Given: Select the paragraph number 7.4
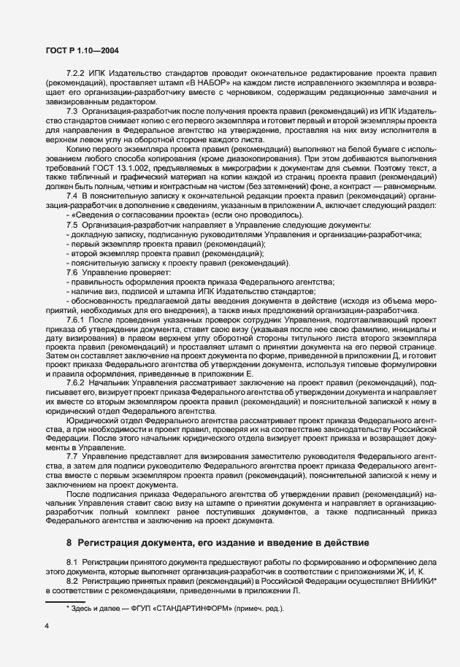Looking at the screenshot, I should pos(72,217).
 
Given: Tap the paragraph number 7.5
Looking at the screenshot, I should pos(72,244).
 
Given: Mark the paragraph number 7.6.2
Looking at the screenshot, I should pos(76,383).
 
